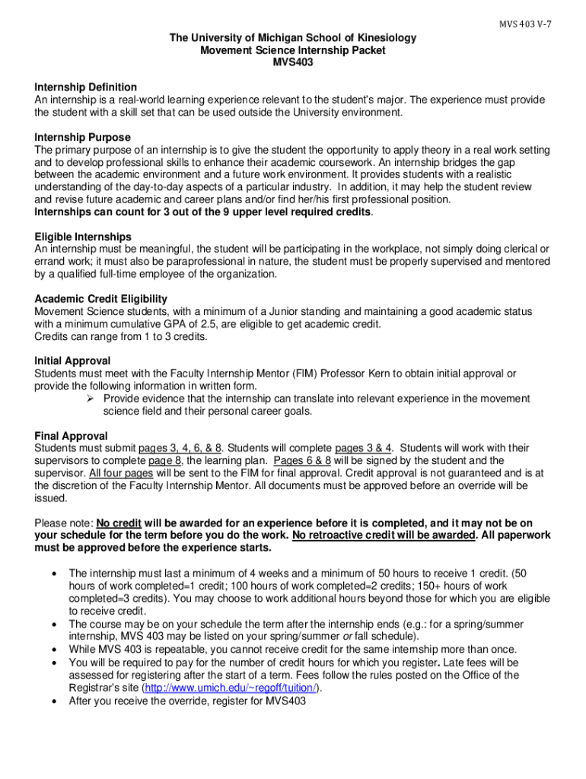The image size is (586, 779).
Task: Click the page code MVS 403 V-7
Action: [525, 24]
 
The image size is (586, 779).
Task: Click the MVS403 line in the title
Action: [293, 63]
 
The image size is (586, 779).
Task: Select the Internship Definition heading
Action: [86, 87]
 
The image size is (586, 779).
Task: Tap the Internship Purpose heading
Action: [82, 137]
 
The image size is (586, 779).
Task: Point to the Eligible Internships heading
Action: [83, 237]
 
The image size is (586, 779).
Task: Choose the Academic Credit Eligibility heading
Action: [100, 299]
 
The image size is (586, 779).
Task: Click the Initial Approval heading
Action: [72, 361]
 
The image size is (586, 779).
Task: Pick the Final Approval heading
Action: [71, 436]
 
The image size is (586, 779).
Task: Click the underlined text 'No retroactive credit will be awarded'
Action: [385, 536]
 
